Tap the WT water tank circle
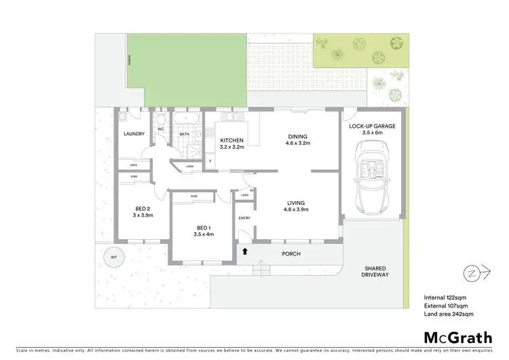(x=109, y=258)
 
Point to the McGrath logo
(x=458, y=338)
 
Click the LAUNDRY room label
(x=134, y=134)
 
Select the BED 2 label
(x=142, y=208)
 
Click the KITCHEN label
(x=231, y=141)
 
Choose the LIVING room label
(x=295, y=202)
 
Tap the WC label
(x=161, y=128)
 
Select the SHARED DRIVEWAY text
(x=375, y=272)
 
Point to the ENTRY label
(x=244, y=218)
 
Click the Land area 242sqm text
(x=449, y=314)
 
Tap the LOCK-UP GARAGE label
(x=373, y=126)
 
